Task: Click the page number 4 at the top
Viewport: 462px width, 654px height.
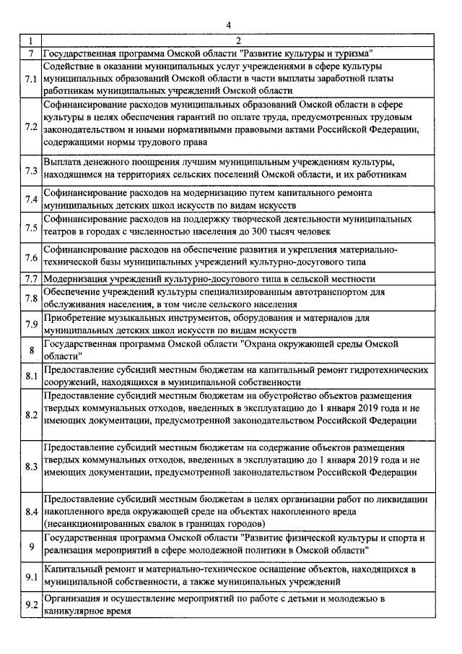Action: [227, 25]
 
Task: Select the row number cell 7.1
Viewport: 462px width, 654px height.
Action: [31, 78]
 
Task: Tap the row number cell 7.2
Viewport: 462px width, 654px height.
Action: [31, 127]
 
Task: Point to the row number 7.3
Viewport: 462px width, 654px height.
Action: [31, 171]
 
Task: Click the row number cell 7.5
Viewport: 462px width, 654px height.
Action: [31, 228]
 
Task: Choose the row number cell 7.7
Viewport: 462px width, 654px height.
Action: [31, 278]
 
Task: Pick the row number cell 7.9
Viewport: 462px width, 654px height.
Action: [31, 324]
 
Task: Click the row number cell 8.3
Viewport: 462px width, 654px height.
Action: [31, 466]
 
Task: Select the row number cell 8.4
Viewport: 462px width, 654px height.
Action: [31, 511]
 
